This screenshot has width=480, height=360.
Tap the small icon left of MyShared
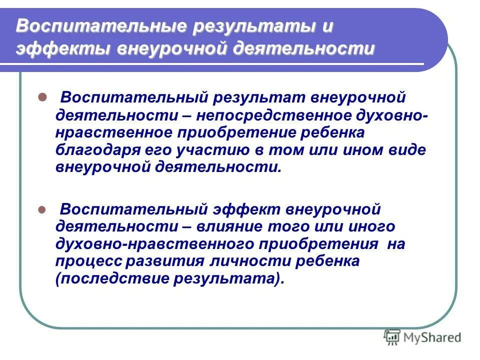tap(392, 337)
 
